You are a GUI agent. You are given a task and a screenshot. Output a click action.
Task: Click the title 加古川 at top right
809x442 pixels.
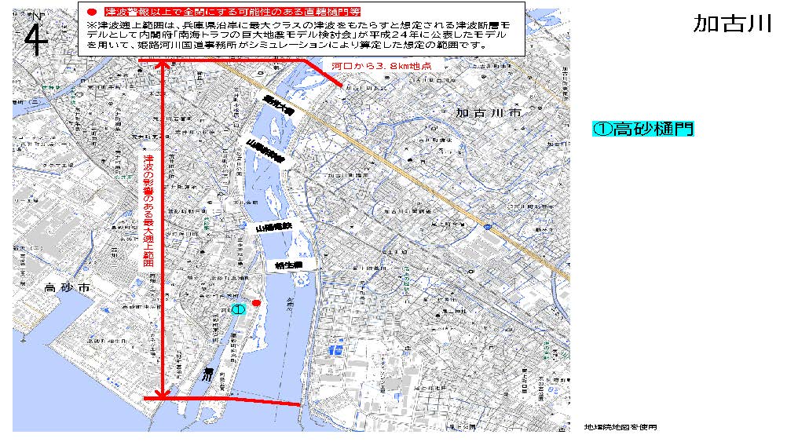coord(732,24)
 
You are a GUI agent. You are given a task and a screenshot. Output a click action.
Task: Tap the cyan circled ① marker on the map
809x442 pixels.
coord(239,309)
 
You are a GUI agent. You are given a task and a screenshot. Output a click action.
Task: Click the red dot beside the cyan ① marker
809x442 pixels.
coord(255,303)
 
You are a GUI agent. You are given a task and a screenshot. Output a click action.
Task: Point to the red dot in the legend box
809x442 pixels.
coord(91,13)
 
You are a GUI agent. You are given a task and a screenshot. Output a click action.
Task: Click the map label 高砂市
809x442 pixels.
coord(69,288)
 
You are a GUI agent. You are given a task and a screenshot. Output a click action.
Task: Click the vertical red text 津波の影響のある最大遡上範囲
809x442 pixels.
coord(148,212)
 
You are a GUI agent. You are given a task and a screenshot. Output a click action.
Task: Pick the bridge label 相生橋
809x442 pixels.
coord(288,266)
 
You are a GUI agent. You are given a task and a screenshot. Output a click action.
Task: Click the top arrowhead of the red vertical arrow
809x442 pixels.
coord(163,64)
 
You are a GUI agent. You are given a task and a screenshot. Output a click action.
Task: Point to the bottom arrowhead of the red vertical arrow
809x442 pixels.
coord(163,395)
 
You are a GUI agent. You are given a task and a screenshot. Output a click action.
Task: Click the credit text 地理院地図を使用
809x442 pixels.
coord(620,427)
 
